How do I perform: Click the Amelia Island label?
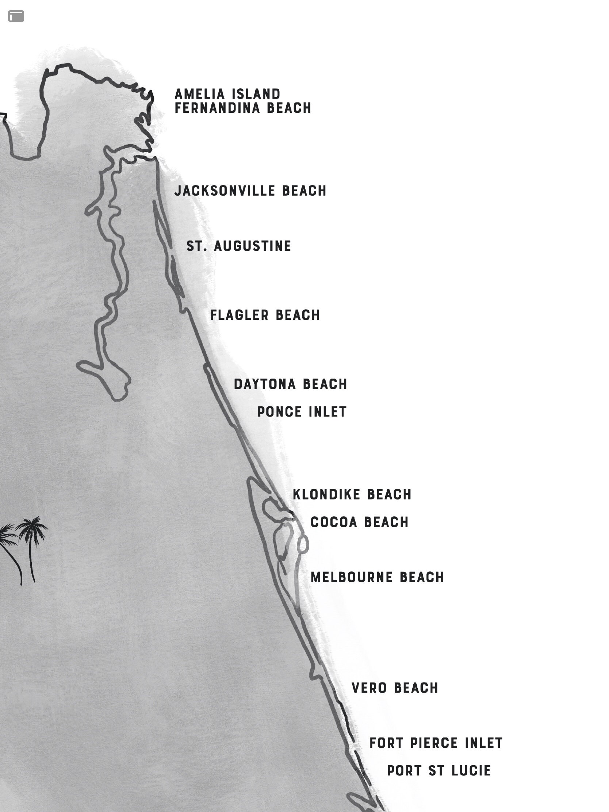(227, 94)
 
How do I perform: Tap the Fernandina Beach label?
(243, 108)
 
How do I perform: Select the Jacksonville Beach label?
(250, 191)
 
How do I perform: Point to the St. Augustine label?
(239, 246)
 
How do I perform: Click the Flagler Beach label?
(265, 315)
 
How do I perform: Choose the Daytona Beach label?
(290, 384)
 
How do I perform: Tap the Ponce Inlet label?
(302, 412)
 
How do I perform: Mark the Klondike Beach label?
(352, 494)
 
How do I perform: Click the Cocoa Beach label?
(359, 522)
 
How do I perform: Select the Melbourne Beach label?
(377, 578)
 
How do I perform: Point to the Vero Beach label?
(395, 688)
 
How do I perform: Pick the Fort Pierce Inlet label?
(436, 743)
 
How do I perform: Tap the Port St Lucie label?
(439, 770)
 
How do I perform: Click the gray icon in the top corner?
(16, 16)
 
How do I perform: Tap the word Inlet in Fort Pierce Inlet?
(483, 743)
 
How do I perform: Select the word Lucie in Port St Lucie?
(471, 770)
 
